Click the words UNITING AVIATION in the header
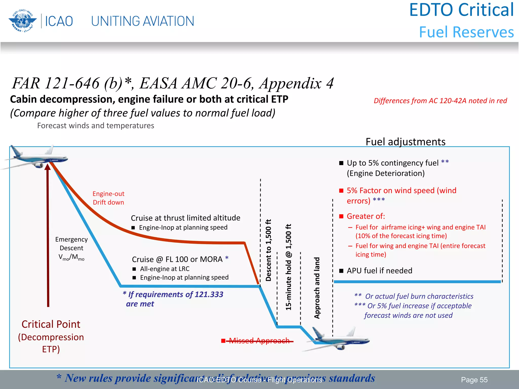pyautogui.click(x=142, y=21)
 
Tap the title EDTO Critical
pyautogui.click(x=461, y=10)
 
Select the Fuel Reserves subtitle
pyautogui.click(x=466, y=32)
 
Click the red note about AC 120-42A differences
pyautogui.click(x=440, y=101)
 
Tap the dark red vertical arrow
pyautogui.click(x=48, y=236)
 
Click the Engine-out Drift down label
pyautogui.click(x=108, y=198)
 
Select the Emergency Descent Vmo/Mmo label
pyautogui.click(x=71, y=248)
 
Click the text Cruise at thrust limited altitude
pyautogui.click(x=186, y=218)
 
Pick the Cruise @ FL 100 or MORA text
pyautogui.click(x=177, y=259)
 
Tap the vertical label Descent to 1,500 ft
pyautogui.click(x=268, y=250)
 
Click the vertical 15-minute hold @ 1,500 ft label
pyautogui.click(x=288, y=267)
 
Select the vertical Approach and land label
pyautogui.click(x=317, y=288)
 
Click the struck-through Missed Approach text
pyautogui.click(x=259, y=341)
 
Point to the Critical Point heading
pyautogui.click(x=51, y=324)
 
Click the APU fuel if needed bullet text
pyautogui.click(x=379, y=271)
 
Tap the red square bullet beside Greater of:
pyautogui.click(x=341, y=216)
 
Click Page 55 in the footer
pyautogui.click(x=474, y=380)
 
